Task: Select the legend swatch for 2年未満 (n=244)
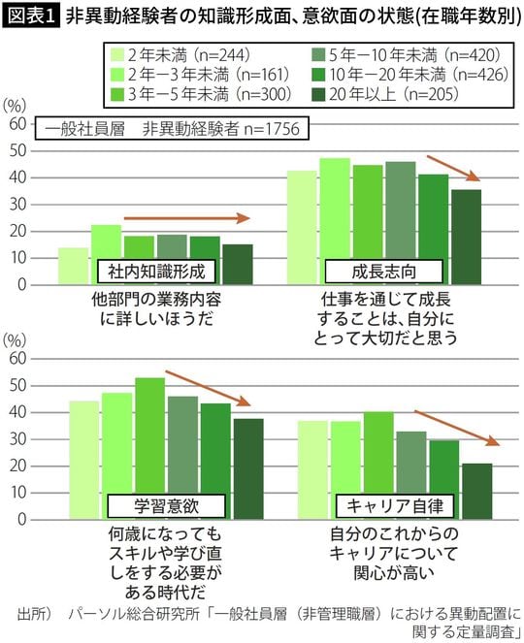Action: point(119,55)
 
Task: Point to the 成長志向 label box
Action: point(383,270)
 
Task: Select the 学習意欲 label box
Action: point(164,505)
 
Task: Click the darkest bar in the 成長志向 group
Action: point(466,237)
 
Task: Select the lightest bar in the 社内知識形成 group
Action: point(73,267)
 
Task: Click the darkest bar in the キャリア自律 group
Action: point(476,491)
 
